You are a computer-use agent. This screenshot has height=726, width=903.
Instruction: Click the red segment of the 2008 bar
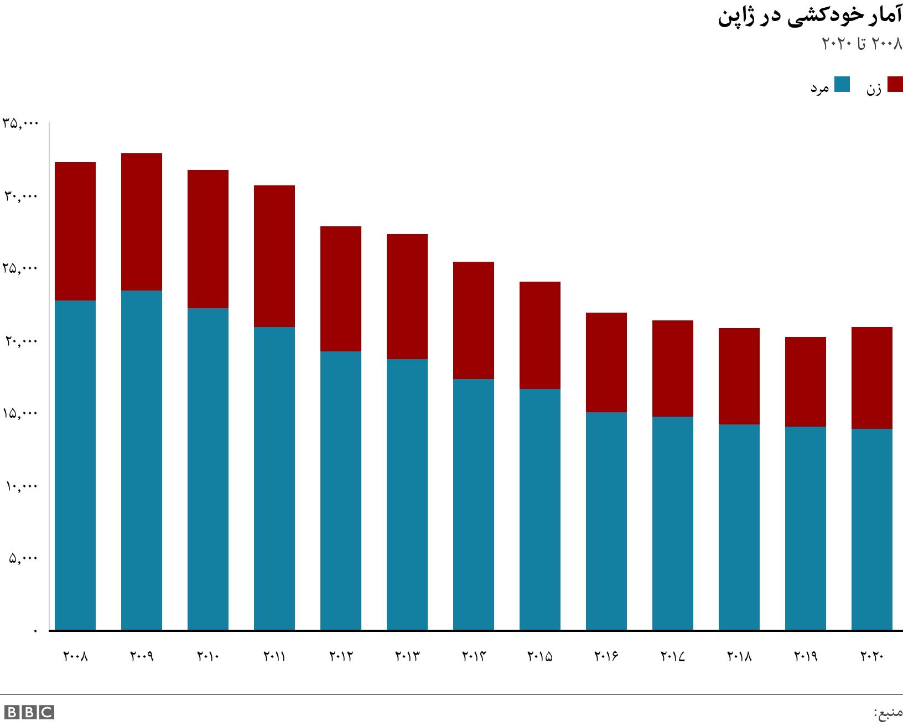pyautogui.click(x=75, y=231)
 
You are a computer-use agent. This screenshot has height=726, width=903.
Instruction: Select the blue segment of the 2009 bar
pyautogui.click(x=142, y=459)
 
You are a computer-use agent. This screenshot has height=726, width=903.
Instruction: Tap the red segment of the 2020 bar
pyautogui.click(x=871, y=378)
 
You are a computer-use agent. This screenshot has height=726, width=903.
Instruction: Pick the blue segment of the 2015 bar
pyautogui.click(x=540, y=509)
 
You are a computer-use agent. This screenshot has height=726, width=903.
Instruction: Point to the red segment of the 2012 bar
pyautogui.click(x=341, y=289)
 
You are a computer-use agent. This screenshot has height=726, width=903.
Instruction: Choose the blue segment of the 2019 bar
pyautogui.click(x=806, y=528)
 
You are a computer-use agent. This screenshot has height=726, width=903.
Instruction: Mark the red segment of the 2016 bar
pyautogui.click(x=606, y=362)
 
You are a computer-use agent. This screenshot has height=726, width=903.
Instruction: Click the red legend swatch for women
pyautogui.click(x=895, y=85)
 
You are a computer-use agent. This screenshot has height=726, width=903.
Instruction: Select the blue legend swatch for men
pyautogui.click(x=842, y=85)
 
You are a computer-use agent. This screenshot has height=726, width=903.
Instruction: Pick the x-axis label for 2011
pyautogui.click(x=274, y=657)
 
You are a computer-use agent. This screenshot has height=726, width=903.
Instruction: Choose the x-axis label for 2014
pyautogui.click(x=474, y=657)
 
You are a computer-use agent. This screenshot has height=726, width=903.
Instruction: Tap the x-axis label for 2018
pyautogui.click(x=739, y=657)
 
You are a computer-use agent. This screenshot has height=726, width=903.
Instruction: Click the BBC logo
pyautogui.click(x=29, y=712)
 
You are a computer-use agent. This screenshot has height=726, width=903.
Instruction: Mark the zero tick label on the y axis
pyautogui.click(x=36, y=631)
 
